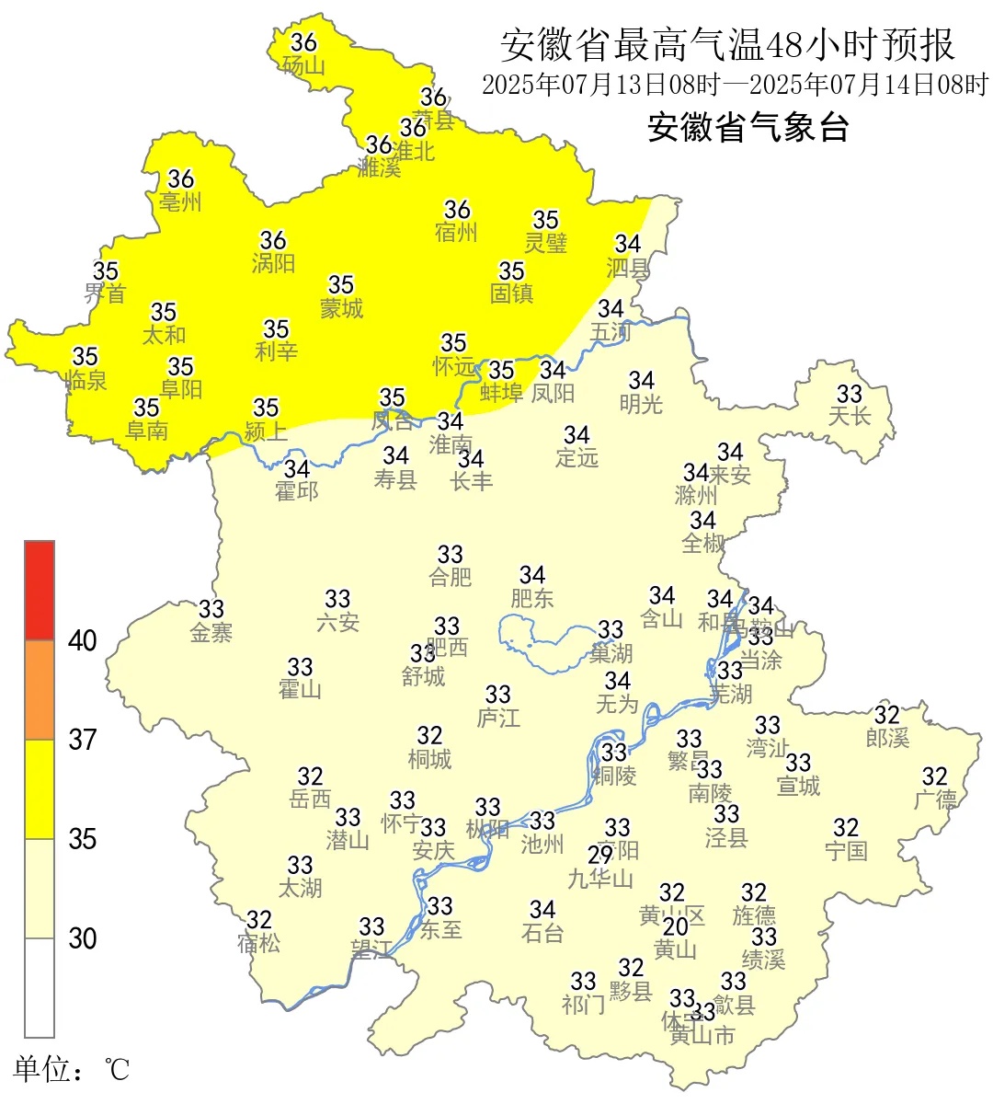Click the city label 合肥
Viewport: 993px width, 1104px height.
[x=450, y=577]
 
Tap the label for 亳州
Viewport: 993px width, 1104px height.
[x=180, y=201]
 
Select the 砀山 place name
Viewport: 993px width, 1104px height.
[x=303, y=65]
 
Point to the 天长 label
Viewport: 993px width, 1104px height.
[x=849, y=416]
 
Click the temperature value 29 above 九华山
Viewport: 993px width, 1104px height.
[x=600, y=855]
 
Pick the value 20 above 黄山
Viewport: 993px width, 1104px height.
[x=676, y=926]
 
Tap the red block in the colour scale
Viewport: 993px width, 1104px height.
[x=40, y=590]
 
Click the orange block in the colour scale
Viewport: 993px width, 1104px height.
[x=40, y=690]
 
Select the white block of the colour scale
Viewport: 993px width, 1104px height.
[x=40, y=987]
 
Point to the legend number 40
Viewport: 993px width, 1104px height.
[x=83, y=640]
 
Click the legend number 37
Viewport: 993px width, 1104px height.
[x=83, y=739]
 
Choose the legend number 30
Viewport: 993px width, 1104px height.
[x=83, y=938]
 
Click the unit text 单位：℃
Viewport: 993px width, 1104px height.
[x=71, y=1069]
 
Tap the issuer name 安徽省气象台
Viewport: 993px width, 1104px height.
[x=748, y=127]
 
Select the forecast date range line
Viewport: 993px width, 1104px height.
[x=735, y=86]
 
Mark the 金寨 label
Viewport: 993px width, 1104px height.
[x=211, y=632]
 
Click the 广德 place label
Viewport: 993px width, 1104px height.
[x=935, y=799]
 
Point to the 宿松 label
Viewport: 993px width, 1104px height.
[x=258, y=943]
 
